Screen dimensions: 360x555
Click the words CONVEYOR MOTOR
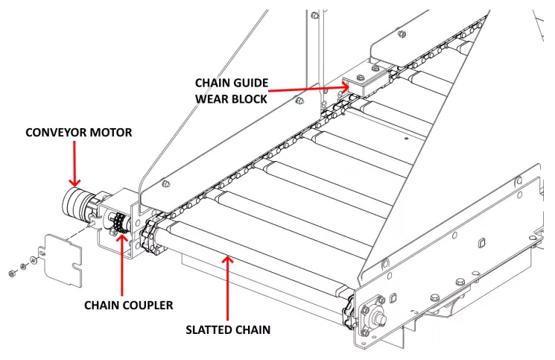pyautogui.click(x=78, y=133)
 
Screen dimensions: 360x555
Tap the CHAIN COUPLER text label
pyautogui.click(x=128, y=305)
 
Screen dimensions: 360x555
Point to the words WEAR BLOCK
pyautogui.click(x=231, y=98)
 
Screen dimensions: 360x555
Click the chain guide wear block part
pyautogui.click(x=357, y=86)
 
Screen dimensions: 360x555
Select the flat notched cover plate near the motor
pyautogui.click(x=64, y=258)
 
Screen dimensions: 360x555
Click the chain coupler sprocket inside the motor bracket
pyautogui.click(x=117, y=224)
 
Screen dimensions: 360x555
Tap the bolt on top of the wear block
pyautogui.click(x=360, y=78)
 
